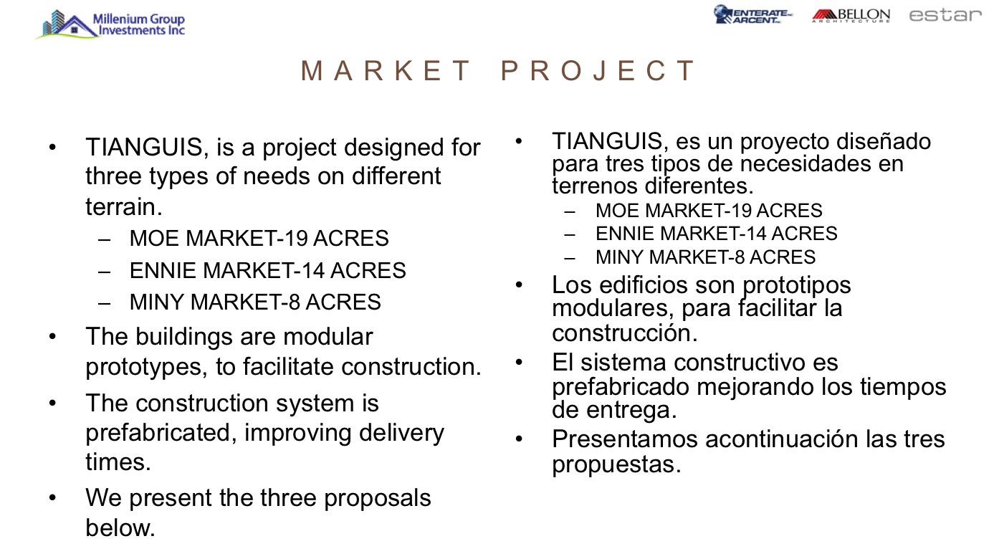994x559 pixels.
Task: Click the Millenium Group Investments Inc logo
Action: pos(111,24)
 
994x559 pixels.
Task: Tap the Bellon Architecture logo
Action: pos(851,16)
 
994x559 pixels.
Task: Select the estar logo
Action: pos(945,15)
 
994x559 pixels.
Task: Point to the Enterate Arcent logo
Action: pos(752,14)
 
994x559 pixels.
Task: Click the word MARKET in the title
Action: pos(386,70)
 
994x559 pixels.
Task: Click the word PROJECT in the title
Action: pos(597,70)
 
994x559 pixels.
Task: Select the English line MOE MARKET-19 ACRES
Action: pos(259,238)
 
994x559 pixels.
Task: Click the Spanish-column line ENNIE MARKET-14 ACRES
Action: pos(716,234)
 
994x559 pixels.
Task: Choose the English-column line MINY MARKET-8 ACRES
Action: pos(255,302)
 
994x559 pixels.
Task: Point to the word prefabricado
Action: pos(621,387)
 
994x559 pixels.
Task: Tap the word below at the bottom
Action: pos(120,528)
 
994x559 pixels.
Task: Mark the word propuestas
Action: pos(616,465)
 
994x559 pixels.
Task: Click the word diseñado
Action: pos(884,141)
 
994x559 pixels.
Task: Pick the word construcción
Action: pos(625,333)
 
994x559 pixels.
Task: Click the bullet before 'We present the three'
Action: pos(53,498)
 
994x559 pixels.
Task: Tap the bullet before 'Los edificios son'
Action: pos(519,285)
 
